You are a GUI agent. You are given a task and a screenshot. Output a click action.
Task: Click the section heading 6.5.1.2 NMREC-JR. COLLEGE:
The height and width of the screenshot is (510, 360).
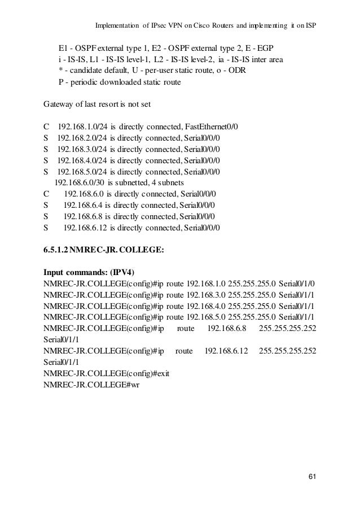click(104, 249)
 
